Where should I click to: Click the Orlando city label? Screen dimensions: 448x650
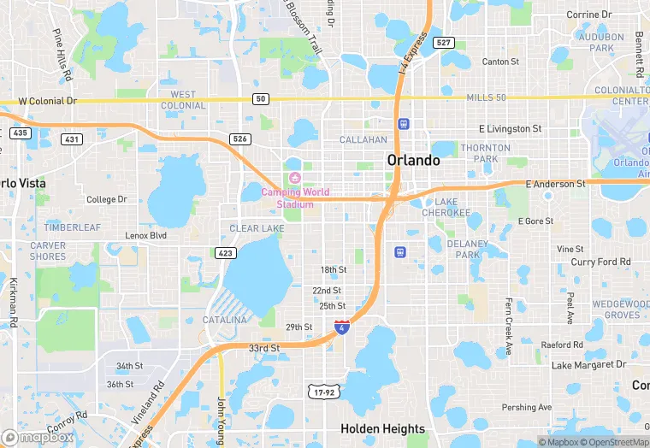point(413,160)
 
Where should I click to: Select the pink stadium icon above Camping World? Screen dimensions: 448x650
point(294,177)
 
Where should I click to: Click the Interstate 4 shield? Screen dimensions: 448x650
point(341,327)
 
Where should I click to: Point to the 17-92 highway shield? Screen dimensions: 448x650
point(324,391)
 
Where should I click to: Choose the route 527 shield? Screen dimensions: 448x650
point(442,43)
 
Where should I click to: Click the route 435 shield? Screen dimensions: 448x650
point(20,133)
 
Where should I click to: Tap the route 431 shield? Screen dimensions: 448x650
point(72,139)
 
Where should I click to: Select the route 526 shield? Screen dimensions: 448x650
point(240,139)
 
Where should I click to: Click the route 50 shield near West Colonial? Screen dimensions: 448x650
point(261,99)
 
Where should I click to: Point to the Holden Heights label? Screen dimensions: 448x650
point(382,429)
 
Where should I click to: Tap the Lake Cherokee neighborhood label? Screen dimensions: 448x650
point(446,207)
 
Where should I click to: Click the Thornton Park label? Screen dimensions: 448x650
point(479,153)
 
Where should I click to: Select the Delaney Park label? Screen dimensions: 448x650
point(467,249)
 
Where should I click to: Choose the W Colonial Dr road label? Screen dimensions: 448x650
point(48,101)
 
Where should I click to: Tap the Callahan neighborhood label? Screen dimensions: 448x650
point(363,139)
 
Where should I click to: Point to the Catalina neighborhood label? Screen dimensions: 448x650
point(224,320)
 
